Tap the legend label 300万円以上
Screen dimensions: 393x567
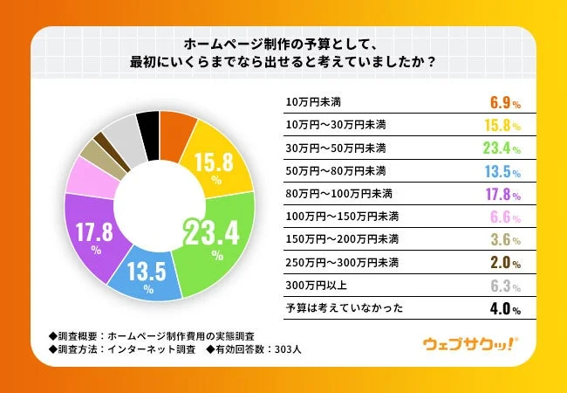click(x=311, y=285)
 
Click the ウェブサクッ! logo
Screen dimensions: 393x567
click(x=470, y=343)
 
